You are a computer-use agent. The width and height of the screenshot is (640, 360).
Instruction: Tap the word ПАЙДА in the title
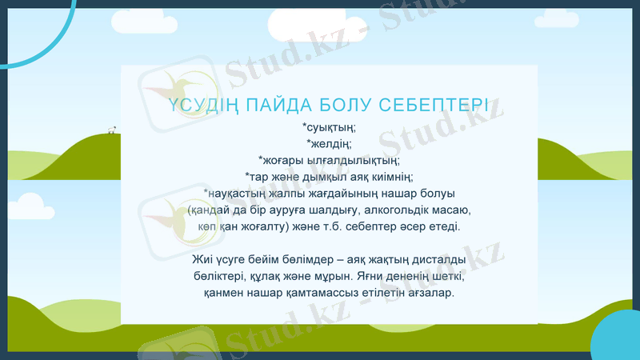pyautogui.click(x=280, y=107)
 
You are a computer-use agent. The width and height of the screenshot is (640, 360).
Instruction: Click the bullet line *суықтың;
pyautogui.click(x=329, y=127)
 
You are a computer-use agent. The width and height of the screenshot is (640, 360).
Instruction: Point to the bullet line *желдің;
pyautogui.click(x=329, y=143)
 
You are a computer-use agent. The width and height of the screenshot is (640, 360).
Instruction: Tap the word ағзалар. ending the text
pyautogui.click(x=430, y=294)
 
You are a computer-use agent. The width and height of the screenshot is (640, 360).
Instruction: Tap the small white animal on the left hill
pyautogui.click(x=112, y=128)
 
